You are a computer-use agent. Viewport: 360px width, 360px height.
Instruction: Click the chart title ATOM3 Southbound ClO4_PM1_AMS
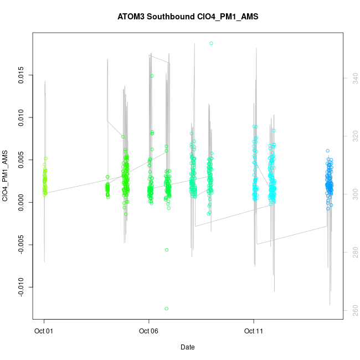[188, 17]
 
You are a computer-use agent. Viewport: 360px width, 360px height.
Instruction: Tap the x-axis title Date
[187, 347]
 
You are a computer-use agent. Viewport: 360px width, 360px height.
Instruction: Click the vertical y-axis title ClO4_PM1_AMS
[6, 176]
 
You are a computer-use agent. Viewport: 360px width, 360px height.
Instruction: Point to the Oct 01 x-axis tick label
[44, 331]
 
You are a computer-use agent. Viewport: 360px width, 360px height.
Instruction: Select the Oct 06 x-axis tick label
[148, 331]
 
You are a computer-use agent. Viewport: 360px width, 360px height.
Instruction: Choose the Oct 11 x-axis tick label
[254, 331]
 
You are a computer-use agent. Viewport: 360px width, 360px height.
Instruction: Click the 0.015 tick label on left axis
[22, 76]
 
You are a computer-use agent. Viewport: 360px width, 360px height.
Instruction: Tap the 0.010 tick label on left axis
[22, 118]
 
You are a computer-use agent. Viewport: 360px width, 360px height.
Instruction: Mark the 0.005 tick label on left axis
[22, 160]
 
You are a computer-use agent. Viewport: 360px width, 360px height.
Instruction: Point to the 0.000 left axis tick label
[22, 202]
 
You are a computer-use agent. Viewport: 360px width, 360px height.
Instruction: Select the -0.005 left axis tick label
[22, 245]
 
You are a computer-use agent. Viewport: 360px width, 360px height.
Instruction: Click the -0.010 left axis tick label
[22, 287]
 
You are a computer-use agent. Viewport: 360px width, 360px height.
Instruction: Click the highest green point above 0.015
[211, 43]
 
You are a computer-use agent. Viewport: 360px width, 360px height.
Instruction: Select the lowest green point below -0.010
[166, 308]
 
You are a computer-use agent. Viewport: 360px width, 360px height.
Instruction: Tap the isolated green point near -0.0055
[166, 250]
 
